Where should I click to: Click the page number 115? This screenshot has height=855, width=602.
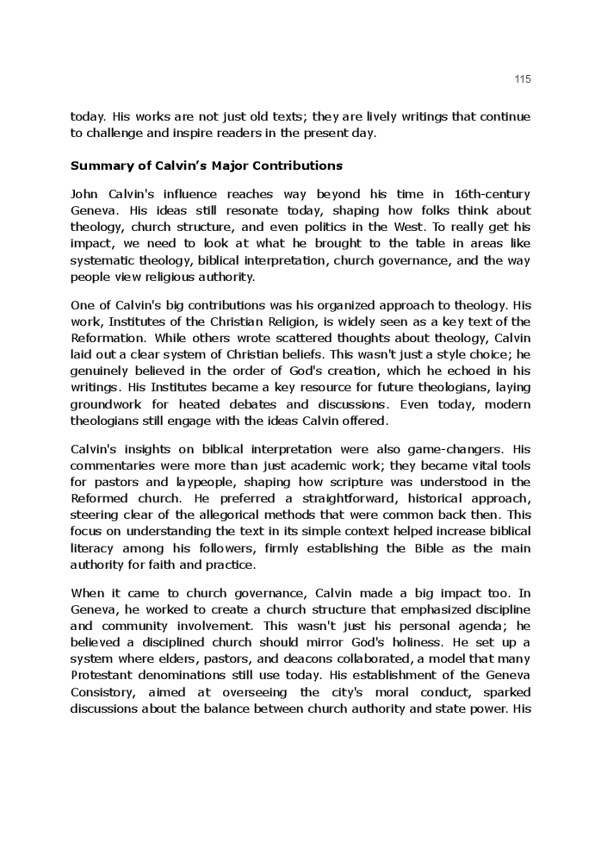523,79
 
